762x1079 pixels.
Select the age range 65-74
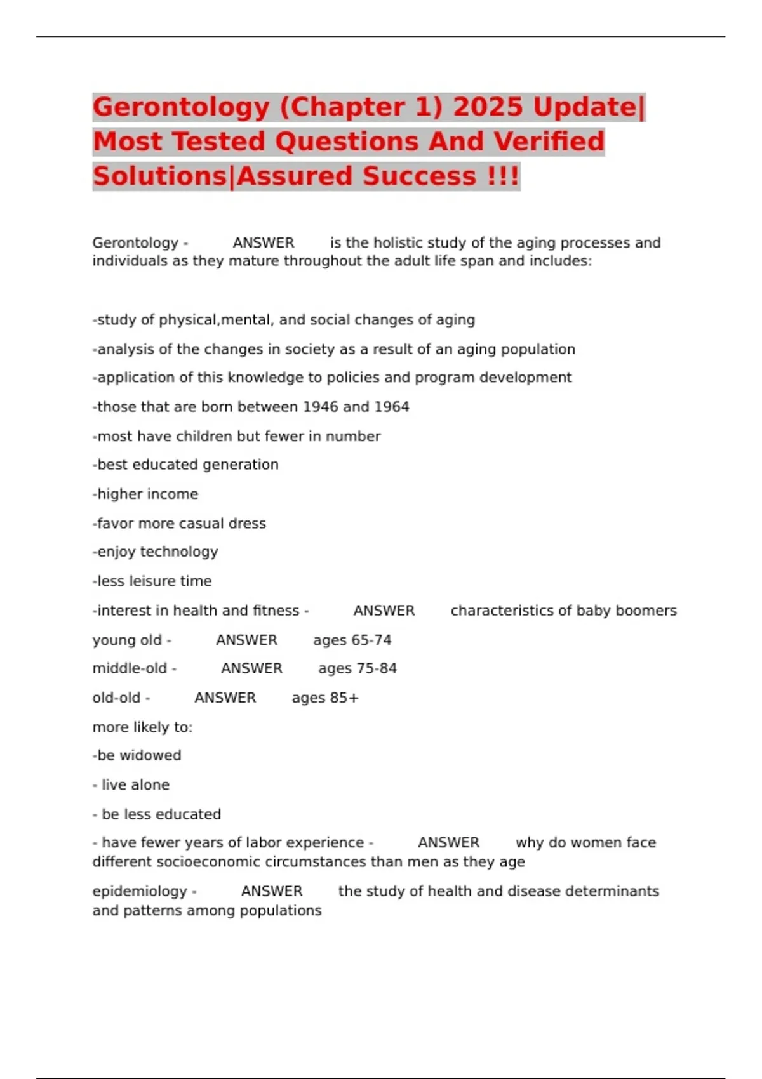pyautogui.click(x=371, y=640)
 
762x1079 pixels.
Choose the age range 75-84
pyautogui.click(x=376, y=668)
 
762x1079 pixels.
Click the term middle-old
pyautogui.click(x=130, y=668)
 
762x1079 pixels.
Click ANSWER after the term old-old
pyautogui.click(x=225, y=698)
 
